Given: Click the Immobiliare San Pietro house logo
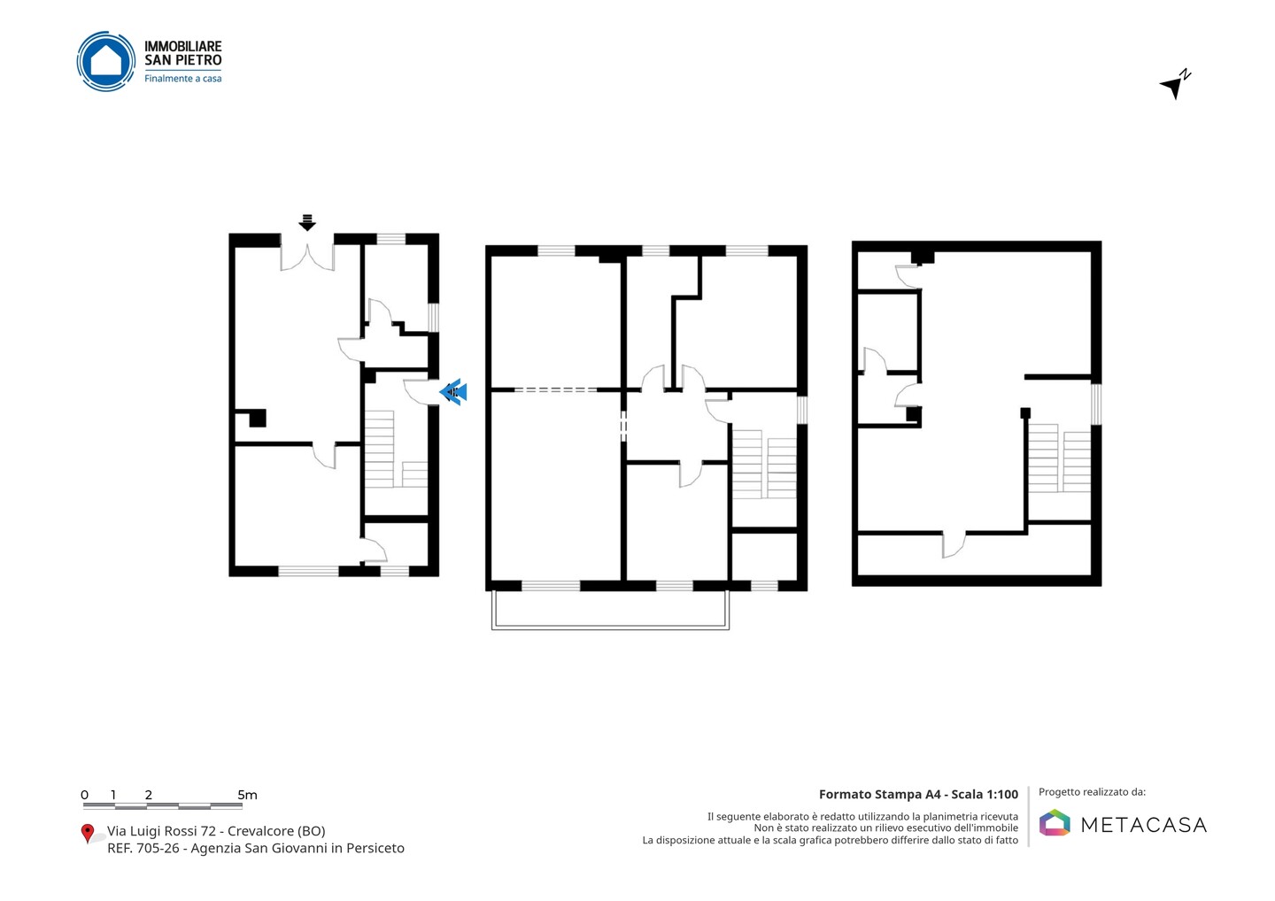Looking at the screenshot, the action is pos(106,61).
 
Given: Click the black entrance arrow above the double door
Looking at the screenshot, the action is pos(307,222).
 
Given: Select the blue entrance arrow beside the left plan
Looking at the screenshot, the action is pos(453,392).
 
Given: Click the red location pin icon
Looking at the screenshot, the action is pos(87,834).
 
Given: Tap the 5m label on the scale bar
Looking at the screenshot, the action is pos(248,795).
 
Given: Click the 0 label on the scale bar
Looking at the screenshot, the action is pos(85,795).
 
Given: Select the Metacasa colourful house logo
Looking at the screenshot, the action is pos(1055,822).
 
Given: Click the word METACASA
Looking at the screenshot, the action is pos(1144,825).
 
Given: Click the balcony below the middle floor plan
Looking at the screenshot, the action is pos(610,610).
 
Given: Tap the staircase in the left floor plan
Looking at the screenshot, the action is pos(396,450).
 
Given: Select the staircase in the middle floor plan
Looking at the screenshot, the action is pos(764,464).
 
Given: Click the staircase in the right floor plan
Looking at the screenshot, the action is pos(1060,458).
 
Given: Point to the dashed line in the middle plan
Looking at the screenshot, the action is pos(555,390).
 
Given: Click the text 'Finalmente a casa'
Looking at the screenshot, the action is pos(182,79).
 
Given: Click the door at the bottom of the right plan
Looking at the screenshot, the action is pos(954,544).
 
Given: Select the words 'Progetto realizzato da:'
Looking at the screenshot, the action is pos(1093,792).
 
